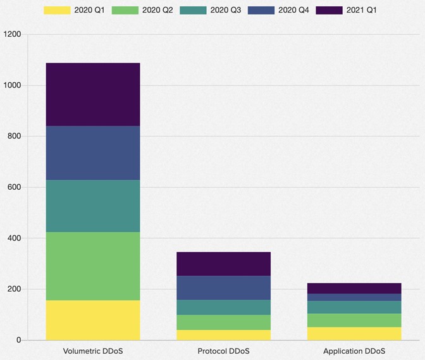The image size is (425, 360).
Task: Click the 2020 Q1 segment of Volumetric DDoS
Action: tap(93, 320)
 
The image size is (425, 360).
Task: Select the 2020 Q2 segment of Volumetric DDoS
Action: tap(93, 266)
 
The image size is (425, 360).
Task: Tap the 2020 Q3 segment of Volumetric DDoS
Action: tap(93, 206)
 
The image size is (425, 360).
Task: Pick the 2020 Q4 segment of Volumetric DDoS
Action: tap(93, 152)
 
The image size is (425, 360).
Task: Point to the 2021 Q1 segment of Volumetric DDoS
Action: tap(93, 94)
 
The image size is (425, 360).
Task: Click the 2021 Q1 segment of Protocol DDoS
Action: tap(223, 264)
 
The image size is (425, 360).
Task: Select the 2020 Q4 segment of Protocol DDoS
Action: tap(223, 288)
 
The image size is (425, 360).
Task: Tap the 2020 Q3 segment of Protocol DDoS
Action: tap(223, 307)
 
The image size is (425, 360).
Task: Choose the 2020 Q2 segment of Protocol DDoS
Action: tap(223, 322)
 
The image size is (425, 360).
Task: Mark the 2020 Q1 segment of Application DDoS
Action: tap(354, 333)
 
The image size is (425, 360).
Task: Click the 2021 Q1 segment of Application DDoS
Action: tap(354, 289)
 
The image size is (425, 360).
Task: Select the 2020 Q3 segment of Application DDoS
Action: tap(354, 307)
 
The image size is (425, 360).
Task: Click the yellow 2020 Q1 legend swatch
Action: tap(56, 10)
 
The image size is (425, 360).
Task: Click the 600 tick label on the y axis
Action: tap(13, 187)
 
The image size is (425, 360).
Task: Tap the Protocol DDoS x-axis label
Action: tap(223, 351)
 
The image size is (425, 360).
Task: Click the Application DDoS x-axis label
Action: tap(354, 351)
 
